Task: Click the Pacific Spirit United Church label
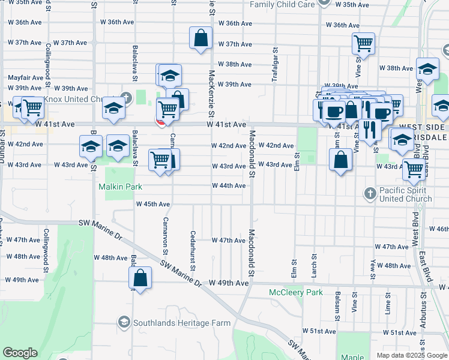point(406,194)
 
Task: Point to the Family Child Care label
point(282,4)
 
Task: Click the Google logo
point(20,353)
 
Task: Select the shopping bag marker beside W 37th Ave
point(200,38)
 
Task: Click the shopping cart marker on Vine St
point(363,43)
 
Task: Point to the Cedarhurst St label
point(193,251)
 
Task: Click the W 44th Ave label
point(228,186)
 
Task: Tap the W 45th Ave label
point(153,204)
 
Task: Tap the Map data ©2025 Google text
point(411,355)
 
